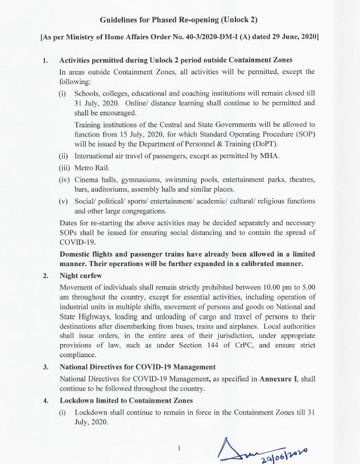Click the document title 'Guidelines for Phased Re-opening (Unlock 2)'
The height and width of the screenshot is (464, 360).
179,20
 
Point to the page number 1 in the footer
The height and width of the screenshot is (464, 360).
179,448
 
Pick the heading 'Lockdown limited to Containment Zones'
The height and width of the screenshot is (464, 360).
126,400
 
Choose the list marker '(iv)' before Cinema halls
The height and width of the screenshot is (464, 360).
64,180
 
